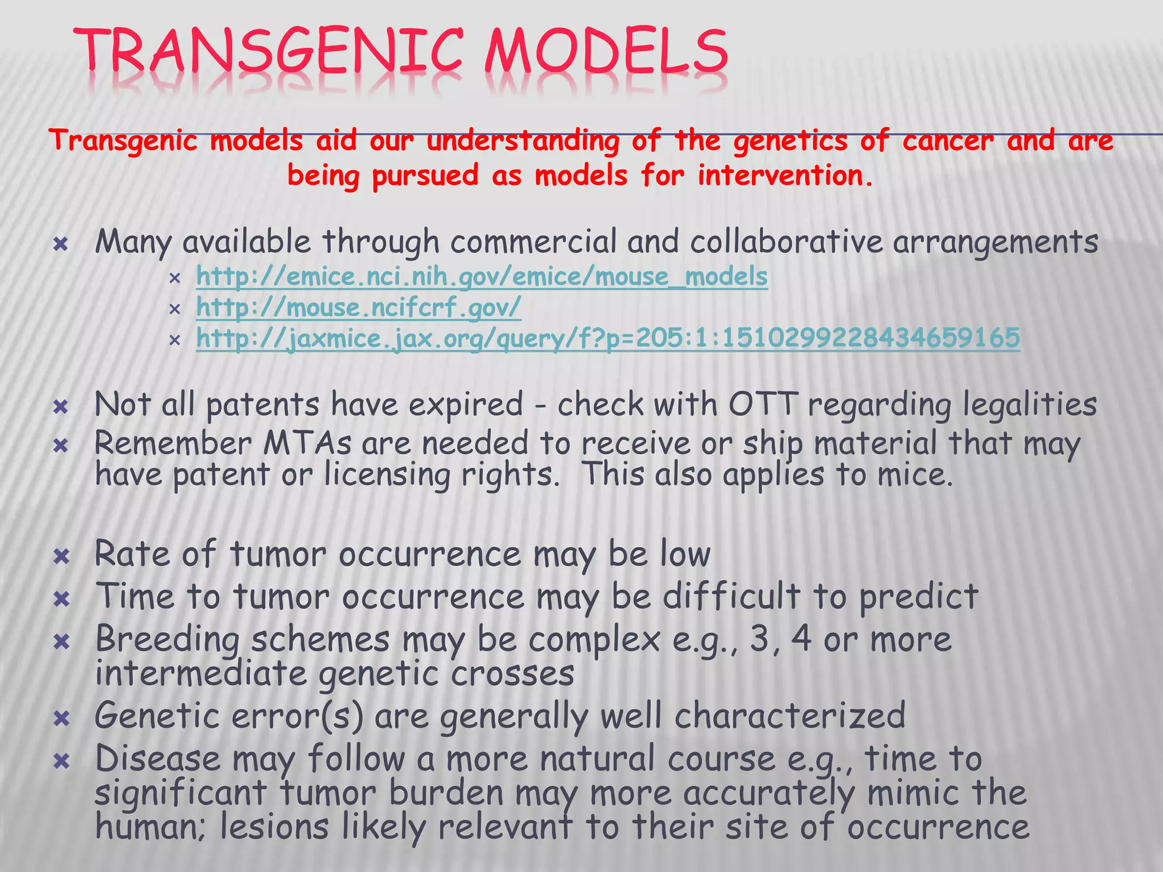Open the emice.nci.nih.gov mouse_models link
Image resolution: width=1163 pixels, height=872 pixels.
pos(482,277)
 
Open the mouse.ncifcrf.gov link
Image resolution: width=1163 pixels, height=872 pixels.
pos(358,308)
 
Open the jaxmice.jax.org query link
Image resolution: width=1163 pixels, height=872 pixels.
pos(608,338)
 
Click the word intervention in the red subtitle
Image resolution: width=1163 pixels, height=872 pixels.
pos(784,175)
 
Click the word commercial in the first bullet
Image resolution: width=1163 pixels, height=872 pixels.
pos(533,242)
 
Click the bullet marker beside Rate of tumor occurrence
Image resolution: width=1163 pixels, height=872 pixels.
pos(61,556)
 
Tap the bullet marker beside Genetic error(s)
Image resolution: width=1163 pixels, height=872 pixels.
pos(61,719)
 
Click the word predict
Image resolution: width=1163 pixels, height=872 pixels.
pos(918,598)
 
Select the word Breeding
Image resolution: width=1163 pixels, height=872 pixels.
pos(168,640)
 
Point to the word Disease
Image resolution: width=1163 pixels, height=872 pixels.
pos(157,759)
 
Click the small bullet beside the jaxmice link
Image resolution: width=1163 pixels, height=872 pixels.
pos(174,339)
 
